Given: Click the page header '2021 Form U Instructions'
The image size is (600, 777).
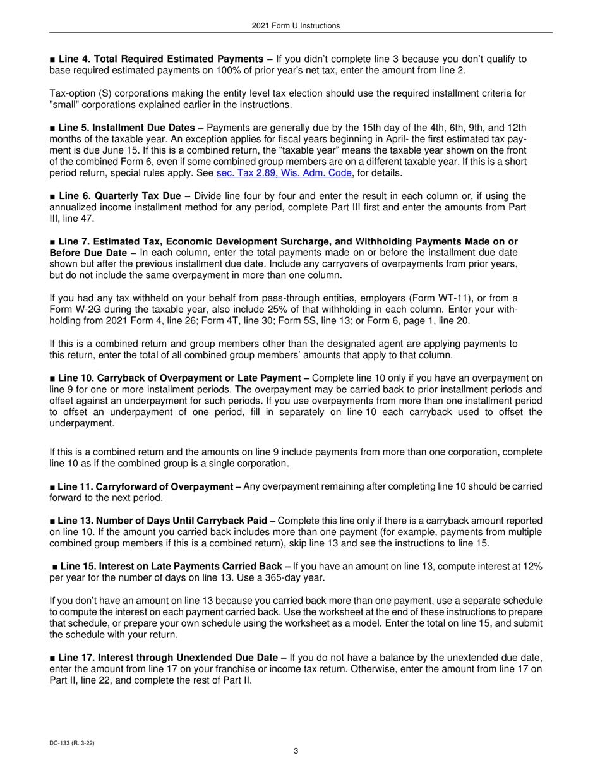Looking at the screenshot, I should [x=295, y=26].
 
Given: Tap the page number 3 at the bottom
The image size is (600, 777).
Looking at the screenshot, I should [x=296, y=751].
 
